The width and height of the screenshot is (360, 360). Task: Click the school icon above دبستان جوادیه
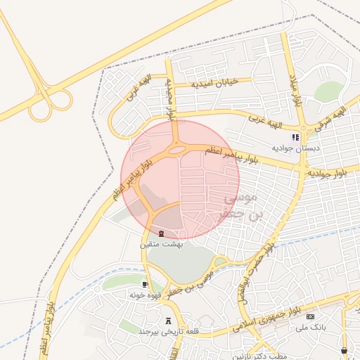[296, 138]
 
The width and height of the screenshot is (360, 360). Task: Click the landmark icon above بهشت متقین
[161, 233]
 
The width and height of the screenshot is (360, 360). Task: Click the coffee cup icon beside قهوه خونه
[145, 285]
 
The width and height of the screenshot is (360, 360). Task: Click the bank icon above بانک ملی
[310, 317]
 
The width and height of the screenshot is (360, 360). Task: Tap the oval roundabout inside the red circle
[177, 148]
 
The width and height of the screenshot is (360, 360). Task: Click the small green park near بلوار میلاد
[328, 91]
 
